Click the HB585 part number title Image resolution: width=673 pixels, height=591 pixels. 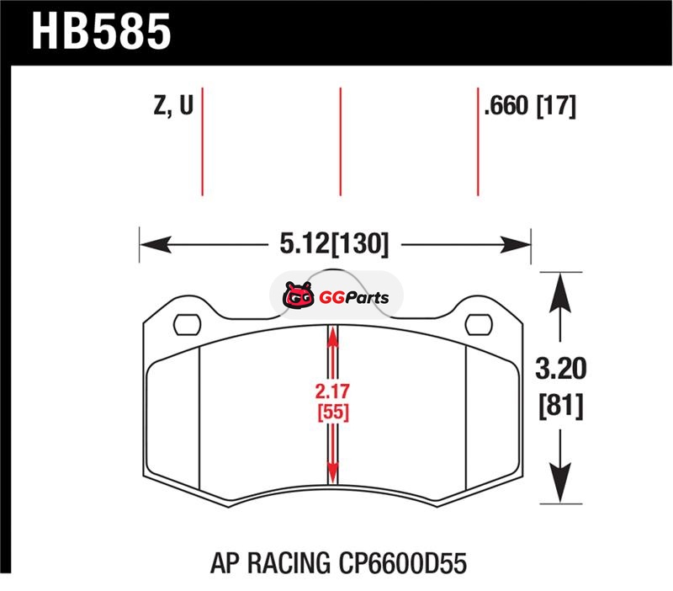[x=101, y=31]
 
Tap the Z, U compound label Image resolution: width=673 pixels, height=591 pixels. [x=174, y=105]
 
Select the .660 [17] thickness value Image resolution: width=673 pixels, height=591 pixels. [x=530, y=106]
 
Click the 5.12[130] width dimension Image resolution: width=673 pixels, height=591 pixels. [x=334, y=244]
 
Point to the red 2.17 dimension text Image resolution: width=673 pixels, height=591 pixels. [x=332, y=391]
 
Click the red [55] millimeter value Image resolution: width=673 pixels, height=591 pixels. [x=333, y=413]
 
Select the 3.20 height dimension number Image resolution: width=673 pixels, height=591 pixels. [x=560, y=369]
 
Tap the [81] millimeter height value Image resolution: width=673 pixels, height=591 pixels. [x=561, y=406]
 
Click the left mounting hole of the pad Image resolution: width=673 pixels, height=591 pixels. [x=187, y=325]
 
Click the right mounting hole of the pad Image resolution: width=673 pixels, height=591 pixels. [x=479, y=324]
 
